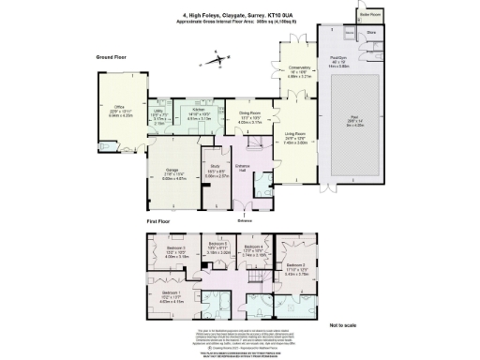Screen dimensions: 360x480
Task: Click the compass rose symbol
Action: click(218, 61)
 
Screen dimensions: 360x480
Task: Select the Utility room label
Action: click(159, 113)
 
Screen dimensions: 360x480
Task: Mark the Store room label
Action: click(371, 31)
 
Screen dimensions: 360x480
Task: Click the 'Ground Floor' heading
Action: click(114, 57)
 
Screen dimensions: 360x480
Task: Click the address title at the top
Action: click(240, 13)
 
